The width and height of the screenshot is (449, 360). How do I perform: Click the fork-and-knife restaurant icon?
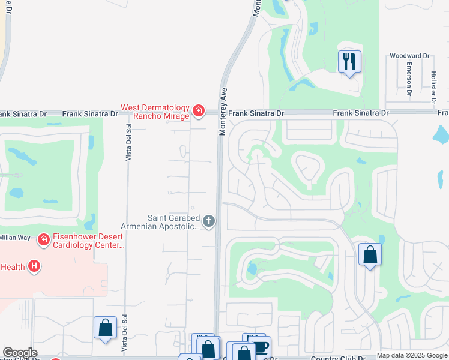[x=349, y=62]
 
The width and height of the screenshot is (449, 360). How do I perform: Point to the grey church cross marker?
[x=209, y=222]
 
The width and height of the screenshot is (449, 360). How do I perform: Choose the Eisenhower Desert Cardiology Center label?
[x=89, y=241]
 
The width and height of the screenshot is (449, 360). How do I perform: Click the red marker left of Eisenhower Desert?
[x=43, y=241]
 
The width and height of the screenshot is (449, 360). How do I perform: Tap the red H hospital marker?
[x=35, y=266]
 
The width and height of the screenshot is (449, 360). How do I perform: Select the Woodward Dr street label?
[x=410, y=56]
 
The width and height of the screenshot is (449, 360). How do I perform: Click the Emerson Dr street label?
[x=409, y=79]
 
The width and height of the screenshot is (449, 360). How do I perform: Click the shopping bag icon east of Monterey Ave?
[x=370, y=254]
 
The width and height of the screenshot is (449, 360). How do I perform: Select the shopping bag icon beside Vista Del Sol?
[x=105, y=328]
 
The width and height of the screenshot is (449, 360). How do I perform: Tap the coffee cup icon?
[x=260, y=347]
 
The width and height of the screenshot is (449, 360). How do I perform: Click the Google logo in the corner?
[x=20, y=353]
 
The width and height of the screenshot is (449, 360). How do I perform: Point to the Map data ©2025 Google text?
[x=412, y=356]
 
